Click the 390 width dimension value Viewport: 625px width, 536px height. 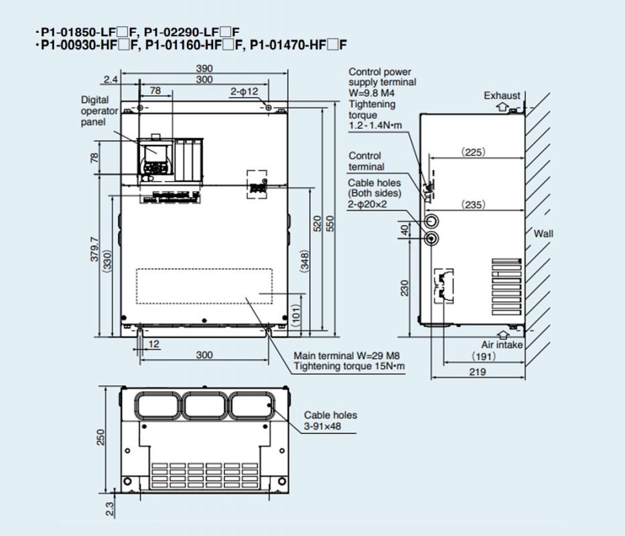(204, 68)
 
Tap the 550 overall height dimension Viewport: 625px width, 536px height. (330, 223)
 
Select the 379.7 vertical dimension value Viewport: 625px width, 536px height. (94, 249)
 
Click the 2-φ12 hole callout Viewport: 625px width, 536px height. (245, 91)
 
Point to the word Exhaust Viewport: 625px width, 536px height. (502, 96)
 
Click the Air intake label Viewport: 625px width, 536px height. (502, 344)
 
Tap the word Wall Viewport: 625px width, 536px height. (543, 234)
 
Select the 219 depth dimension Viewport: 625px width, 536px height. (478, 372)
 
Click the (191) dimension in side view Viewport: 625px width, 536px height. (484, 356)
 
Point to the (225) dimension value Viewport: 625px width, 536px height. (474, 152)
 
